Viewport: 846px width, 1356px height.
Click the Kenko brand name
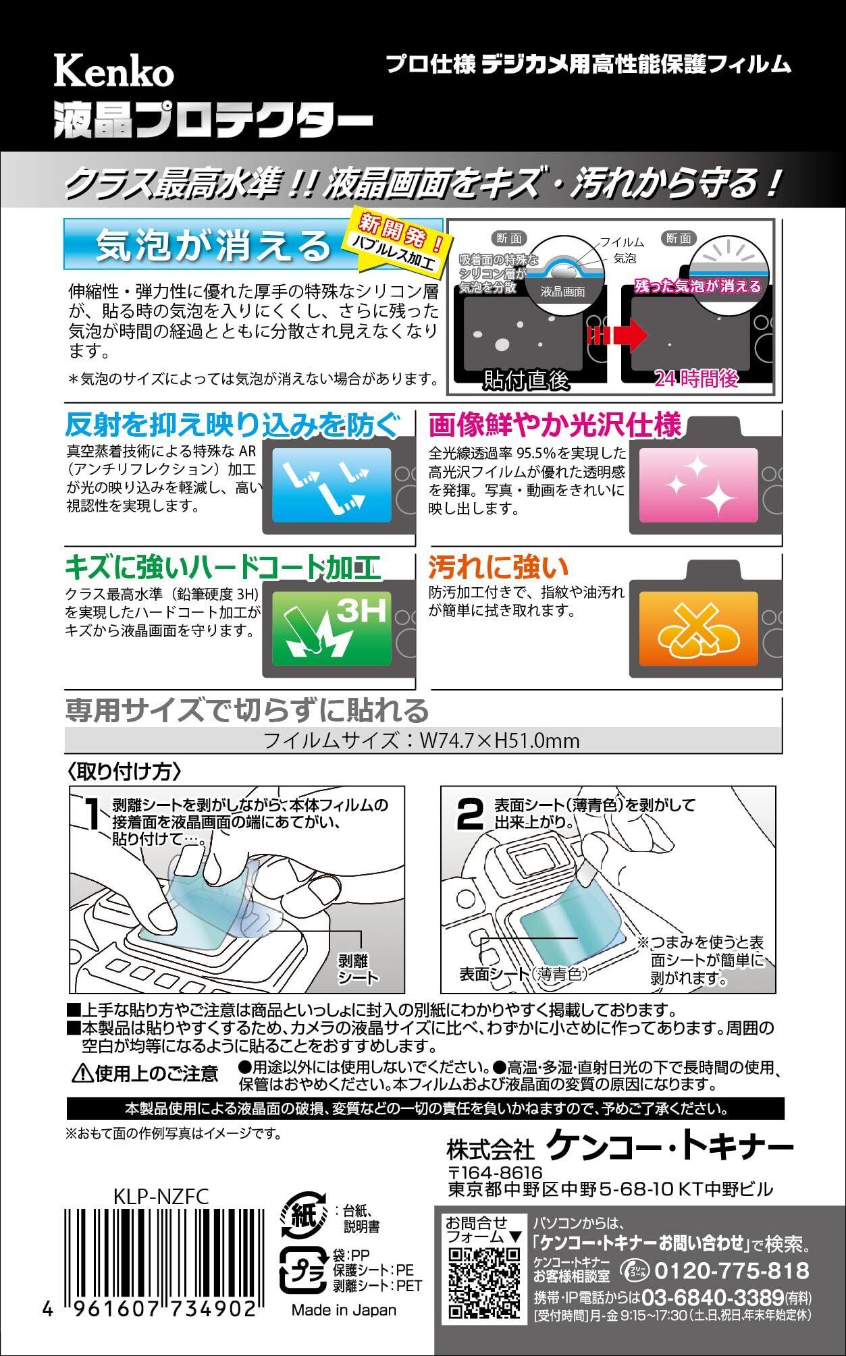pos(113,72)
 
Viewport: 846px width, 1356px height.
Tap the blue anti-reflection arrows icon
pos(332,485)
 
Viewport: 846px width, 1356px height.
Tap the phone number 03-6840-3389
pos(712,1297)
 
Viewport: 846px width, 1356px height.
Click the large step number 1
pos(94,813)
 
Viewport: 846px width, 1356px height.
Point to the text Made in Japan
pos(344,1309)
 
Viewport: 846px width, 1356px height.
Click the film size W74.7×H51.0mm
pos(499,740)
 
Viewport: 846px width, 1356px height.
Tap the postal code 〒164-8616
pos(495,1172)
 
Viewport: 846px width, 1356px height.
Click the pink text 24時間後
pos(696,378)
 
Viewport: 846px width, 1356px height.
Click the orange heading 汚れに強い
pos(498,567)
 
